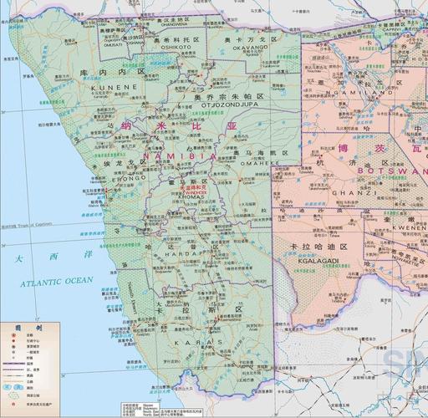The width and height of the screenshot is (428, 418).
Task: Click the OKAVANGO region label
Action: pyautogui.click(x=240, y=49)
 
